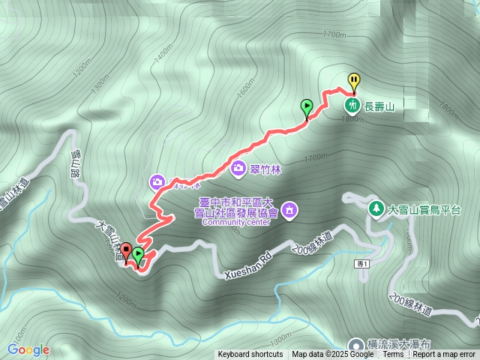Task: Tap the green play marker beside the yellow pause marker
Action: [x=307, y=107]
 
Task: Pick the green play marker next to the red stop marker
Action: [x=138, y=255]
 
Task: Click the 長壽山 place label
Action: [x=379, y=106]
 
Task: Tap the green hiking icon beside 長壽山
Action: [x=351, y=106]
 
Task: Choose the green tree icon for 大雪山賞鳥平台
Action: [x=376, y=206]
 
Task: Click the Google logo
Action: [x=28, y=349]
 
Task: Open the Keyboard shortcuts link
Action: [x=250, y=355]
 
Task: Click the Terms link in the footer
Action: [x=393, y=355]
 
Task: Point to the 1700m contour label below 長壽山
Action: [x=316, y=157]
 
